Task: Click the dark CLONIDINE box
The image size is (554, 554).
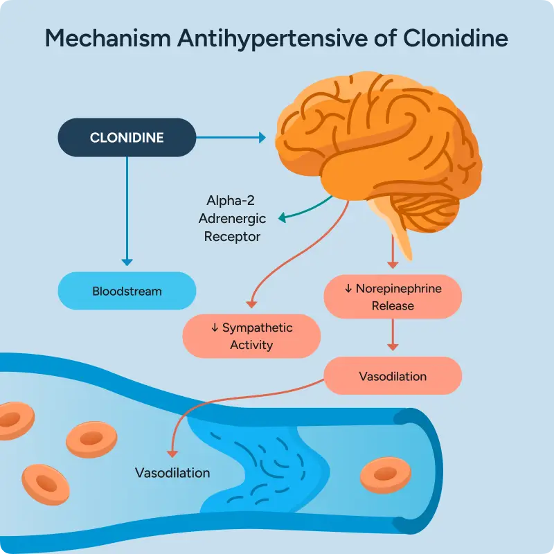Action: (127, 138)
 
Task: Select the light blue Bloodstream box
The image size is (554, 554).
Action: (127, 291)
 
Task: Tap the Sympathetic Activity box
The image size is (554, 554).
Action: (251, 336)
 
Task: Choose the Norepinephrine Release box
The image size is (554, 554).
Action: (393, 296)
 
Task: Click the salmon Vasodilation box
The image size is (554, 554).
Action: (393, 376)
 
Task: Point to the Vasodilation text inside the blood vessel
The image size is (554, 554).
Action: (172, 474)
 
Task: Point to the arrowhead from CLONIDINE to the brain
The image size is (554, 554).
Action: (262, 138)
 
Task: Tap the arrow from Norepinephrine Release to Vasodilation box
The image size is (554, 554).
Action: (393, 336)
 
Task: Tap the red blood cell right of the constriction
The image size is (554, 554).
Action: (380, 475)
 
